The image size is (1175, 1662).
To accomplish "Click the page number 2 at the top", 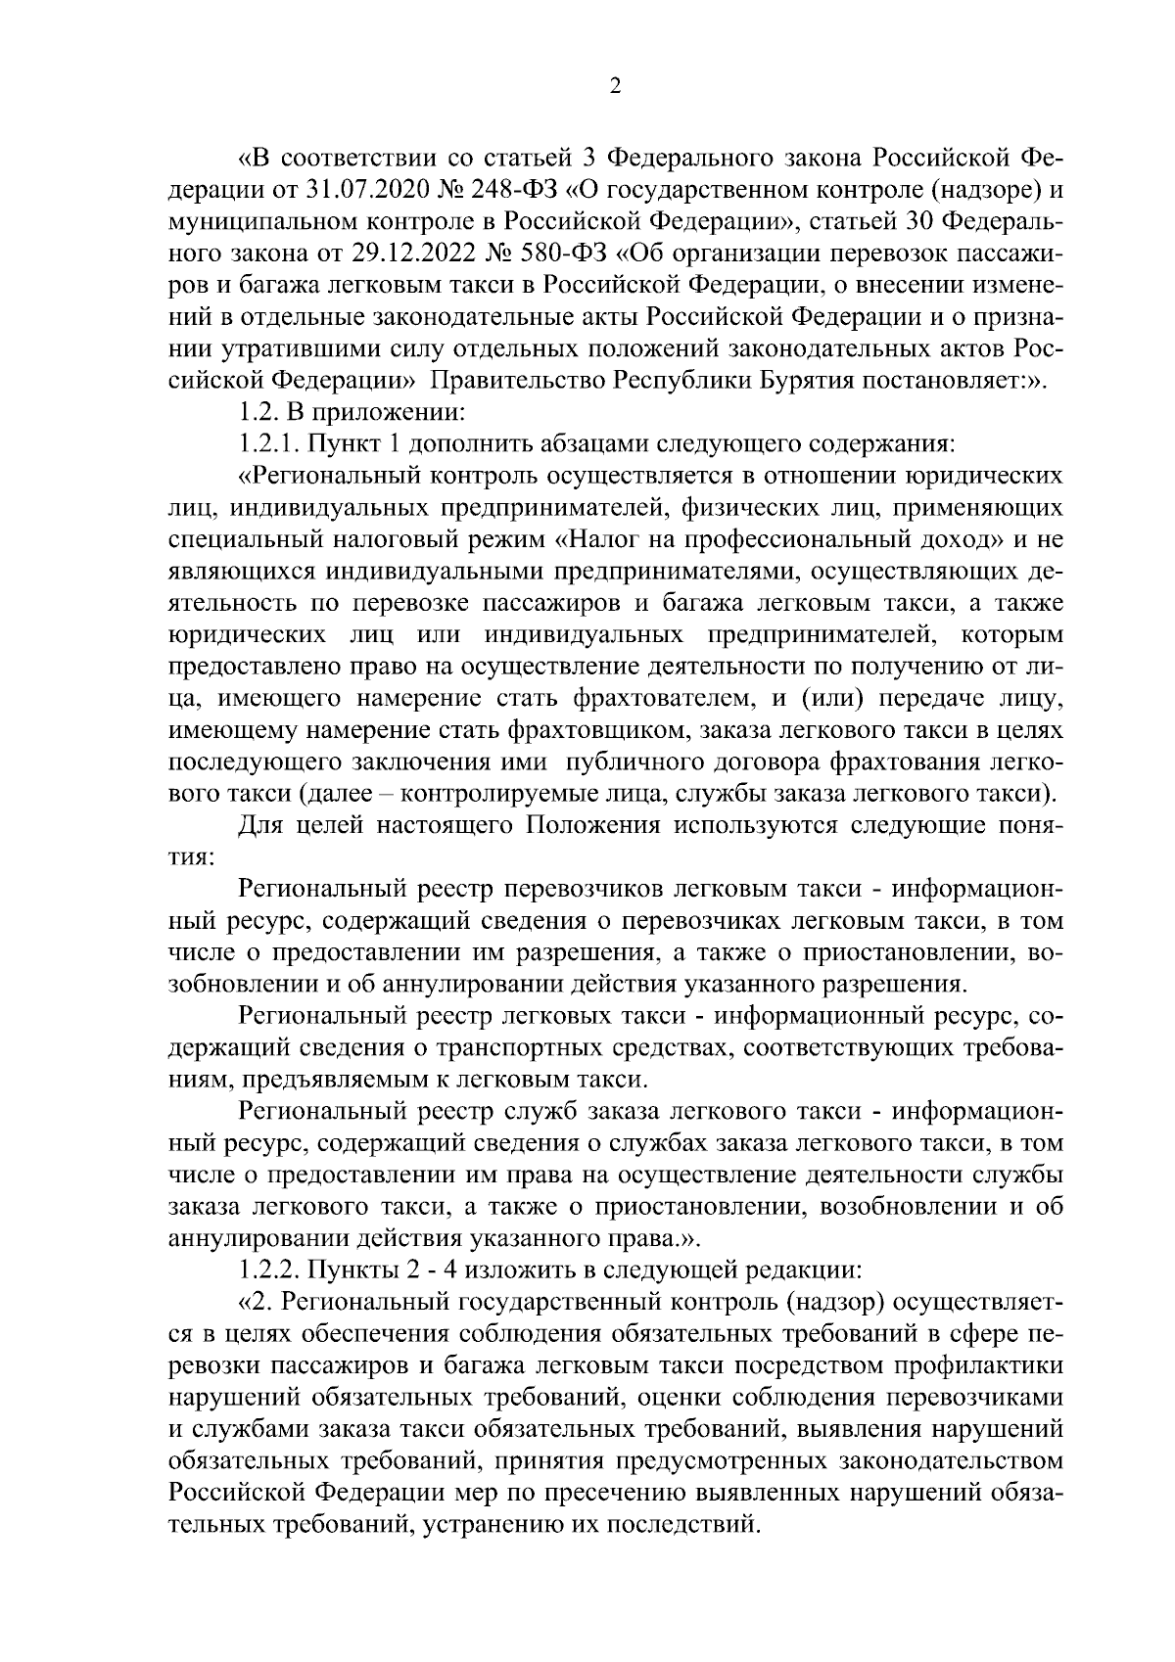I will pyautogui.click(x=614, y=86).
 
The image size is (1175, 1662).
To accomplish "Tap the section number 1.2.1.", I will pyautogui.click(x=269, y=444).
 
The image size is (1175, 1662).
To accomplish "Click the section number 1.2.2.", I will pyautogui.click(x=269, y=1271).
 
